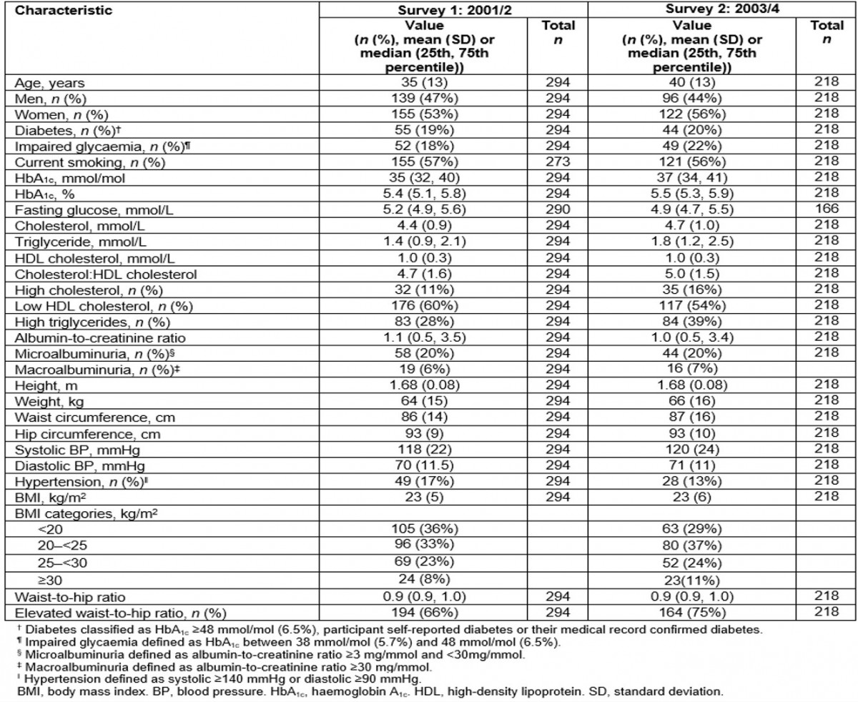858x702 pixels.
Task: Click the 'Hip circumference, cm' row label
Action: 61,383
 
